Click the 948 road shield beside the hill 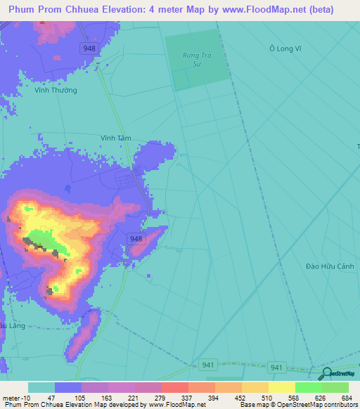click(x=136, y=239)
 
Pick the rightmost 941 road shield click(x=277, y=367)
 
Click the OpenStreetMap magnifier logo click(x=327, y=374)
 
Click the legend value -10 click(x=26, y=398)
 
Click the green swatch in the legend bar click(x=308, y=387)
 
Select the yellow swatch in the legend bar click(x=281, y=387)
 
